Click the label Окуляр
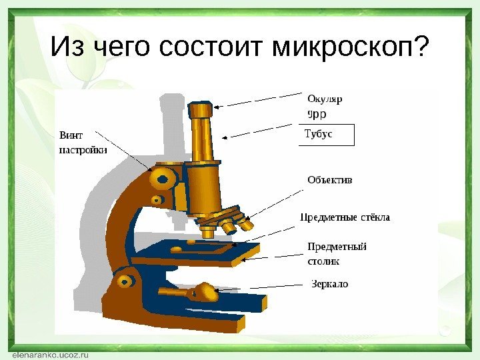pyautogui.click(x=325, y=99)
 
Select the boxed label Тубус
pyautogui.click(x=319, y=134)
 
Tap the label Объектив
pyautogui.click(x=329, y=180)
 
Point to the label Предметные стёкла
pyautogui.click(x=345, y=217)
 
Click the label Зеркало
pyautogui.click(x=330, y=285)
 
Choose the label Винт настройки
pyautogui.click(x=83, y=142)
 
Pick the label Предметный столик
pyautogui.click(x=337, y=253)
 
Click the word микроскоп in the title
pyautogui.click(x=350, y=47)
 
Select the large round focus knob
pyautogui.click(x=161, y=177)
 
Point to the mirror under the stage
pyautogui.click(x=204, y=291)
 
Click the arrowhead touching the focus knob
pyautogui.click(x=151, y=169)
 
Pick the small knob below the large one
pyautogui.click(x=157, y=199)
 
